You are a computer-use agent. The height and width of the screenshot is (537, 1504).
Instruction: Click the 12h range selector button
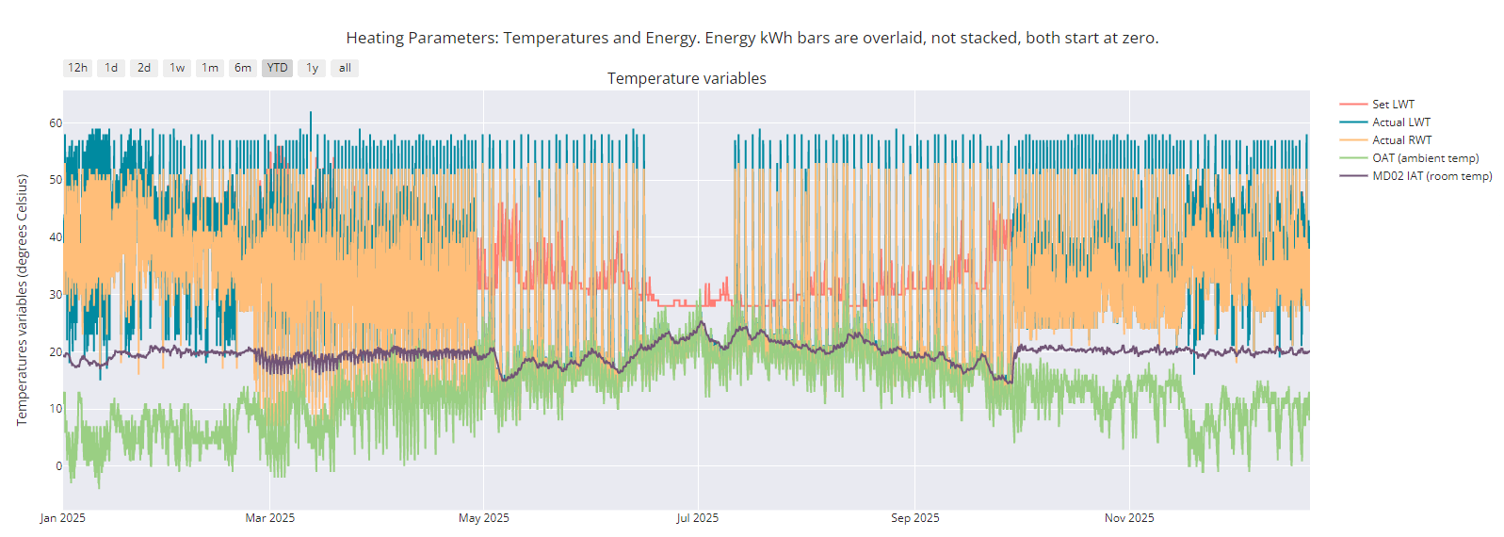[77, 68]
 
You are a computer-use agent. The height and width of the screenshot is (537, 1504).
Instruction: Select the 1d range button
[111, 68]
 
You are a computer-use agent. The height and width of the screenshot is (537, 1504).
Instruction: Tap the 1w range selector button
[177, 68]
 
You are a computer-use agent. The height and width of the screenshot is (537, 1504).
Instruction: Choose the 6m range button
[243, 68]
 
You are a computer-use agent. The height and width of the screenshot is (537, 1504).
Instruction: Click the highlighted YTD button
[277, 68]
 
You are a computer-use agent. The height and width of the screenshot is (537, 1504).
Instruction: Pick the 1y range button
[312, 68]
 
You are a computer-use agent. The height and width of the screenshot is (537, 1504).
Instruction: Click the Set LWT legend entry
[1393, 105]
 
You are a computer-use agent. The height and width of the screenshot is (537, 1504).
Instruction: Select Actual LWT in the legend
[1400, 122]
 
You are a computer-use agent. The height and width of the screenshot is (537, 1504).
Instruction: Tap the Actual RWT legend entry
[1401, 140]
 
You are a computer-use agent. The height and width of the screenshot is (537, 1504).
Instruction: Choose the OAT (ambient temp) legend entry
[1425, 158]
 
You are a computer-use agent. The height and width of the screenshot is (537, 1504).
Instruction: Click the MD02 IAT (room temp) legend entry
[1431, 176]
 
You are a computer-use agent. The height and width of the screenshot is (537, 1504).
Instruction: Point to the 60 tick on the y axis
[56, 123]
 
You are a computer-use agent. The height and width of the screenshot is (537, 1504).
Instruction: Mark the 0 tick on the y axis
[58, 466]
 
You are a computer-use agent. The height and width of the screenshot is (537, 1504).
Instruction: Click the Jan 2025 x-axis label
[63, 518]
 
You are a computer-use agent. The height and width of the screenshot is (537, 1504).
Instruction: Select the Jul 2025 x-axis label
[697, 518]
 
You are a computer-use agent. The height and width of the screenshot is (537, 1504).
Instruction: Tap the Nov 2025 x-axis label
[1129, 518]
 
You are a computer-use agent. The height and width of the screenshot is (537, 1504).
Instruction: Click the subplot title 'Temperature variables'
[687, 79]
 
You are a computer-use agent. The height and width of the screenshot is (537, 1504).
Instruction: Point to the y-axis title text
[22, 300]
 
